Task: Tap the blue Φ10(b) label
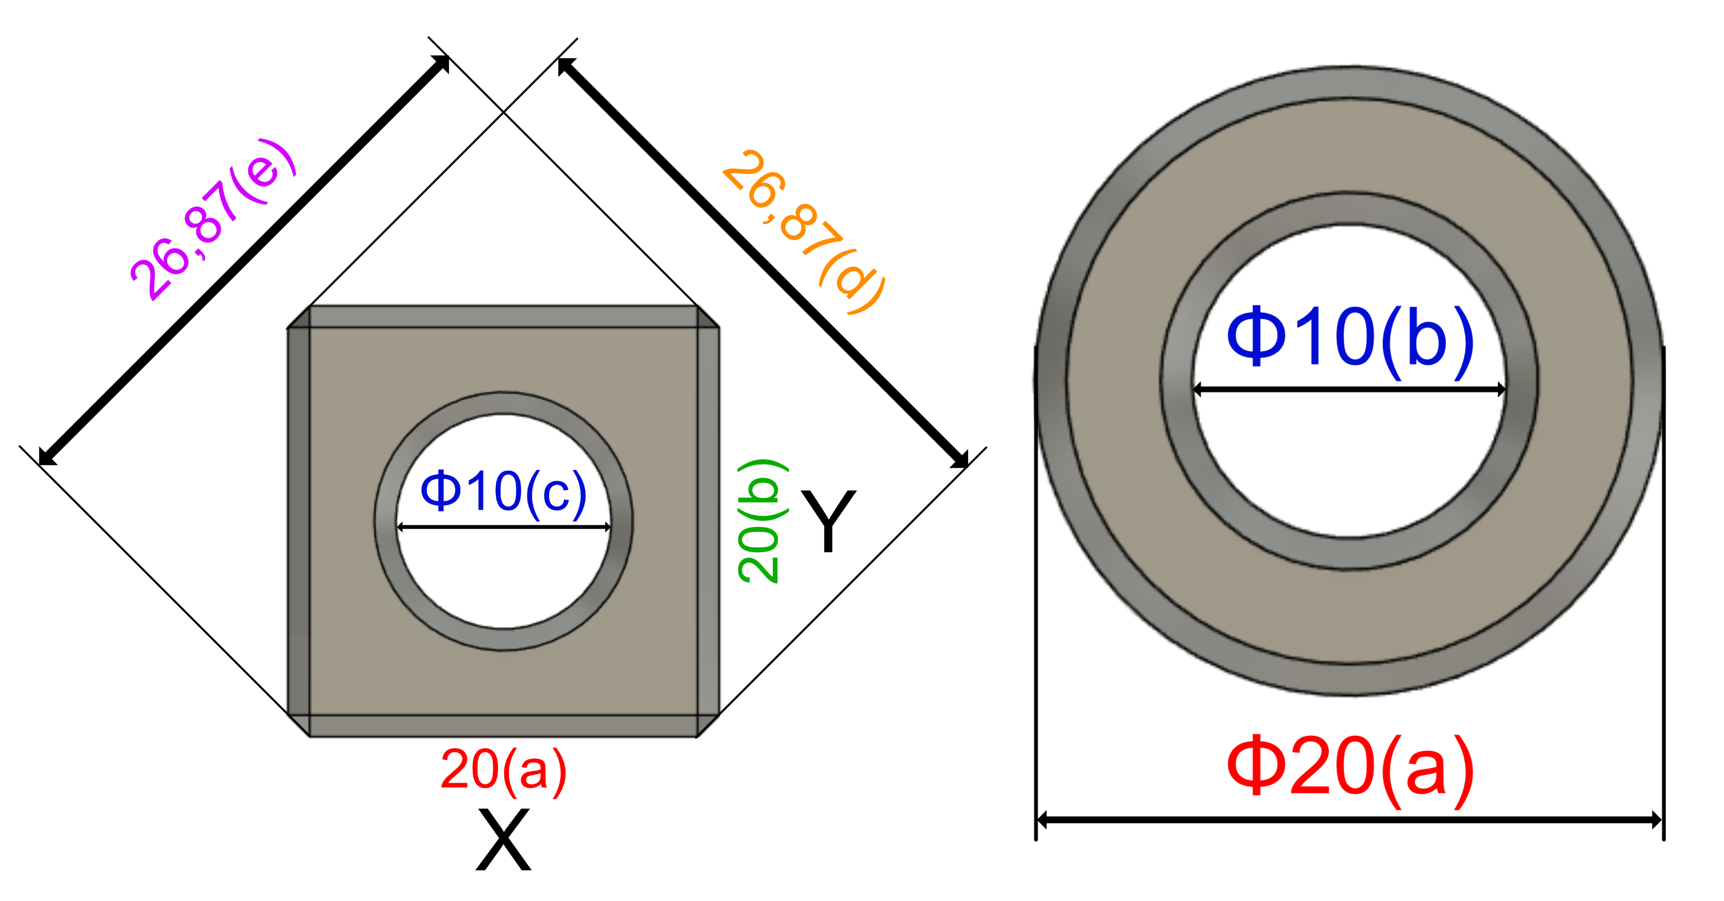(1350, 338)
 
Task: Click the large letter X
(503, 840)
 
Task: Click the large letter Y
(829, 520)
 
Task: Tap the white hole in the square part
(503, 575)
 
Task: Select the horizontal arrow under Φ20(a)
(1350, 819)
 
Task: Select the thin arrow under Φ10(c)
(503, 527)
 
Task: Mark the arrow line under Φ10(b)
(1350, 389)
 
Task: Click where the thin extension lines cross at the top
(503, 112)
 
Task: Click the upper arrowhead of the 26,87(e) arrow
(441, 63)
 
